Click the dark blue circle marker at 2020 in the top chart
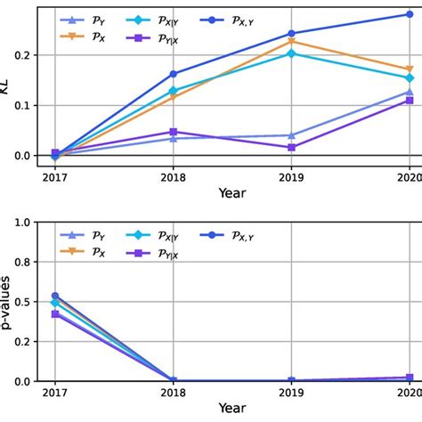coord(410,14)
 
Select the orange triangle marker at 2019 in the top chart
coord(291,41)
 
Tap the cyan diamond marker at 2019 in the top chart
coord(291,53)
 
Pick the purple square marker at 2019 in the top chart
coord(291,147)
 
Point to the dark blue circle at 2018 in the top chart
coord(173,74)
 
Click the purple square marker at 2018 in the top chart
coord(173,132)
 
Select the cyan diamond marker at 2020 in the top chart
coord(410,77)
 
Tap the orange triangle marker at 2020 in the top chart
coord(410,69)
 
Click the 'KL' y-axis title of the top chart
coord(9,84)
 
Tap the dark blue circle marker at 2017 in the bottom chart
coord(55,296)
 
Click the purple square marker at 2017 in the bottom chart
coord(55,314)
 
